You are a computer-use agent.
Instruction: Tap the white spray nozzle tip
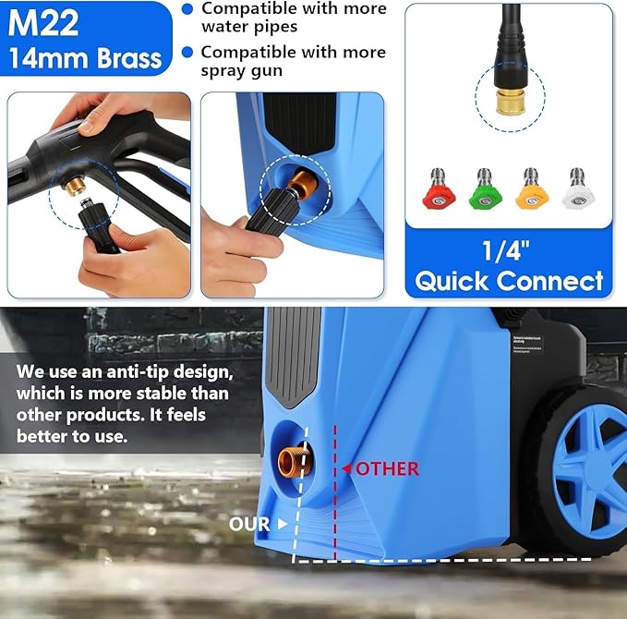click(578, 189)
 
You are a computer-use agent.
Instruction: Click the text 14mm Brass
click(86, 58)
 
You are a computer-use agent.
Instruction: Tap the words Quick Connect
click(509, 281)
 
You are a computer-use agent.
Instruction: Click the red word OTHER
click(387, 468)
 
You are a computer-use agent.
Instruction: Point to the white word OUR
click(249, 524)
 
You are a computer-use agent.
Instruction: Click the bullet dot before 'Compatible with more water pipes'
click(187, 8)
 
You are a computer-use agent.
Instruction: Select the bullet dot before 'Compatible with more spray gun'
click(187, 52)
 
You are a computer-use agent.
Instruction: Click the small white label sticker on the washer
click(525, 346)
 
